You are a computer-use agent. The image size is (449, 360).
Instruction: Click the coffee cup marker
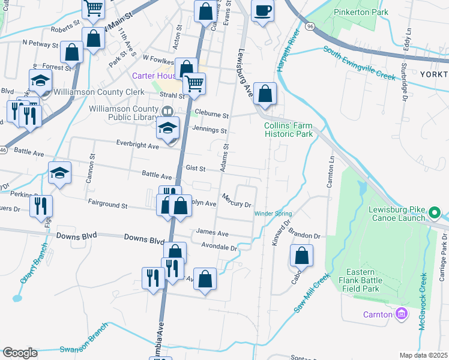coord(262,10)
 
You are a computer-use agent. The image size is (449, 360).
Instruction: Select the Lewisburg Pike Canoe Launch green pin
coord(435,212)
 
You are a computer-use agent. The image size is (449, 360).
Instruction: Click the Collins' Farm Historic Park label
coord(289,130)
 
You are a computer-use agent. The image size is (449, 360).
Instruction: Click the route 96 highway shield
coord(309,27)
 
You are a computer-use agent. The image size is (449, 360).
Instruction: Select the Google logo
coord(20,353)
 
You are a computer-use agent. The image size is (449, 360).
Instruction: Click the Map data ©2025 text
coord(423,355)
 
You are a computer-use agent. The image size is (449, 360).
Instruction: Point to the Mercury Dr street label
coord(236,200)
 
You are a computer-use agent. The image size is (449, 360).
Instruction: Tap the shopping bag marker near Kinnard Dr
coord(301,256)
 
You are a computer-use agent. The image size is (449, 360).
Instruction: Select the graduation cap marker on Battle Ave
coord(59,173)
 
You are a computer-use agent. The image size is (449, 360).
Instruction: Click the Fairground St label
coord(107,205)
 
